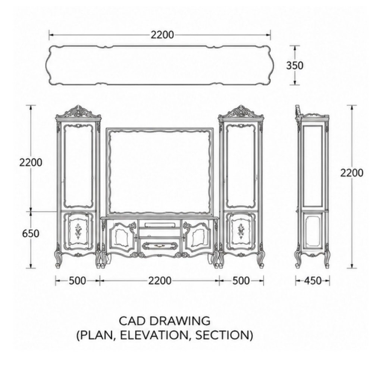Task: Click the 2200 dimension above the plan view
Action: [x=162, y=35]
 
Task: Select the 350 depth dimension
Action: [x=295, y=66]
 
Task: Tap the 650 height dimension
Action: [x=31, y=234]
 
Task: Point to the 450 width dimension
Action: [x=313, y=281]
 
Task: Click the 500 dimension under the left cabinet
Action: [x=78, y=281]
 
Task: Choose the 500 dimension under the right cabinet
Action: [x=241, y=281]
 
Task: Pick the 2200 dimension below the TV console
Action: [x=160, y=281]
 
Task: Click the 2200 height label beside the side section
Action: [x=352, y=173]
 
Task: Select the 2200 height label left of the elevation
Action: [x=31, y=162]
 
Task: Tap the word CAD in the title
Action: [x=132, y=321]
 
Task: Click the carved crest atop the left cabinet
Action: [x=78, y=112]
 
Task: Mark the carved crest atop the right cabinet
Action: [x=241, y=112]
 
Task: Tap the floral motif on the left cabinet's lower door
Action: [x=78, y=231]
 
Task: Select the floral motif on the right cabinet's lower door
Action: [x=241, y=231]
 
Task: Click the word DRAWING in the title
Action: [x=180, y=321]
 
